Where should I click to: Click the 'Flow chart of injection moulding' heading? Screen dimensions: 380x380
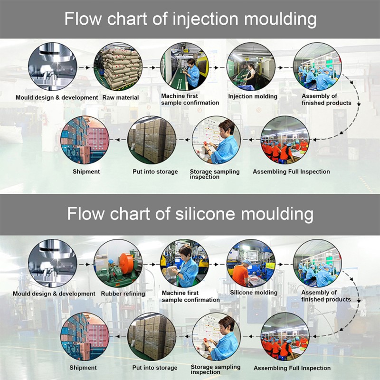(x=190, y=19)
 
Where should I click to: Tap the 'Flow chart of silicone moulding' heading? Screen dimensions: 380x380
(x=190, y=214)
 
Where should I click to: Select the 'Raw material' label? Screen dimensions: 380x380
(x=121, y=97)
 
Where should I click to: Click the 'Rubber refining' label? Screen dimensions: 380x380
(x=123, y=294)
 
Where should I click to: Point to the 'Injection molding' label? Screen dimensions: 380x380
(x=253, y=96)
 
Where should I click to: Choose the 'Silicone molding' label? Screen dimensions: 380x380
(x=254, y=293)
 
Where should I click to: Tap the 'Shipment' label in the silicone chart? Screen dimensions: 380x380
(x=83, y=368)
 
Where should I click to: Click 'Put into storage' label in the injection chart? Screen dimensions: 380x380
(x=155, y=171)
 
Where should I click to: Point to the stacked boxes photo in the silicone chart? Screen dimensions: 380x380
(x=152, y=336)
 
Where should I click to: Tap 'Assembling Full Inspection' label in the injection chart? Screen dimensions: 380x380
(x=291, y=171)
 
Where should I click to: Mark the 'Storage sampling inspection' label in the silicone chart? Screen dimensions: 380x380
(x=216, y=370)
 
